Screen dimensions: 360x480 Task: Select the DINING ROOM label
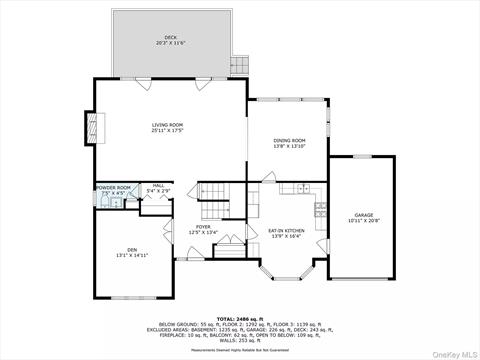pos(289,141)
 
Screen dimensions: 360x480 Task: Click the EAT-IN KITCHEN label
pos(286,231)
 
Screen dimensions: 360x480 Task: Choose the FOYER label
pos(203,227)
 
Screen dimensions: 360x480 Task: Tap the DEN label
pos(132,249)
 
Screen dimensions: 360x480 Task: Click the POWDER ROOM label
pos(113,187)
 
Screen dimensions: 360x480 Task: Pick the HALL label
pos(158,185)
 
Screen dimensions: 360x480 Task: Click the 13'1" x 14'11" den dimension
pos(132,255)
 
